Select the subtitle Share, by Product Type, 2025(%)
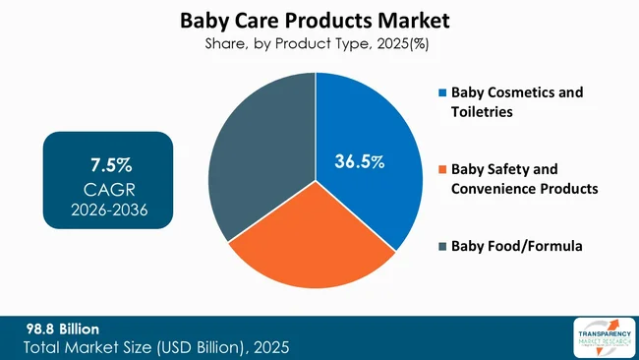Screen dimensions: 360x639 (x=319, y=43)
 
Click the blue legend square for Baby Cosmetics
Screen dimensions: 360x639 (x=441, y=93)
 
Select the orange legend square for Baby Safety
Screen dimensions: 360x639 (x=441, y=169)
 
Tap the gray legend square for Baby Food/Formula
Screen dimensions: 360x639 (x=441, y=246)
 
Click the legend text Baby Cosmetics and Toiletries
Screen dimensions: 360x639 (x=516, y=101)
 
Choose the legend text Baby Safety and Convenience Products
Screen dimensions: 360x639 (x=523, y=178)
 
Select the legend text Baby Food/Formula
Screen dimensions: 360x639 (x=516, y=246)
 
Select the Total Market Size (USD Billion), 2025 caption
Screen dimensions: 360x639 (x=157, y=347)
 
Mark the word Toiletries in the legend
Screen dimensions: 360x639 (x=484, y=111)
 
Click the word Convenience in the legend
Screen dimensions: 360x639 (x=493, y=188)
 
